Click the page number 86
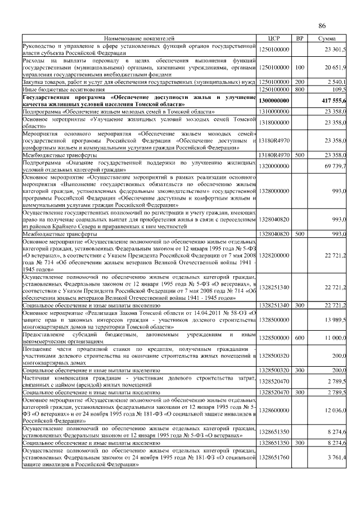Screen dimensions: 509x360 [x=322, y=26]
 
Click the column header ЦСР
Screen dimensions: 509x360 [x=274, y=38]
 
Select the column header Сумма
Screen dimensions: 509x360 [x=327, y=38]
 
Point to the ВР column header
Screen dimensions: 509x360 [x=300, y=38]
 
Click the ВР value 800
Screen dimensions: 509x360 [x=300, y=89]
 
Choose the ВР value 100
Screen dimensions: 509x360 [x=300, y=67]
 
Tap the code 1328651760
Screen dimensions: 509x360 [x=274, y=457]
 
